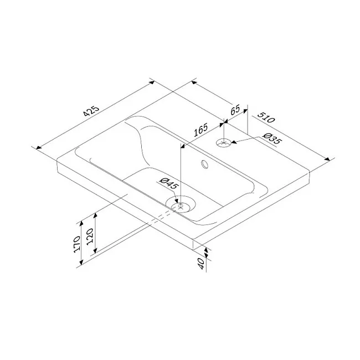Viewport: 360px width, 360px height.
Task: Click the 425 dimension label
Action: [91, 111]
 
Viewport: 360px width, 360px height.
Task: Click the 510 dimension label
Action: [266, 117]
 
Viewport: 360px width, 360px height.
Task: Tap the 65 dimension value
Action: [235, 110]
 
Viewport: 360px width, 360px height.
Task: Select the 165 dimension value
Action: [200, 130]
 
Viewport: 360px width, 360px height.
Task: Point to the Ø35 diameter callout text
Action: [271, 138]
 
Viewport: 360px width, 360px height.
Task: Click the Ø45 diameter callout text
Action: [169, 183]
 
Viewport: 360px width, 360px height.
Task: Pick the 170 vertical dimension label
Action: [77, 244]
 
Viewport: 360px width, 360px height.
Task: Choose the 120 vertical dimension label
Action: [90, 236]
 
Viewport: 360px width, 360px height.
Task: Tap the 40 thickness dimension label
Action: [201, 264]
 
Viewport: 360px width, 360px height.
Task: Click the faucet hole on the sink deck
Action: [223, 143]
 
